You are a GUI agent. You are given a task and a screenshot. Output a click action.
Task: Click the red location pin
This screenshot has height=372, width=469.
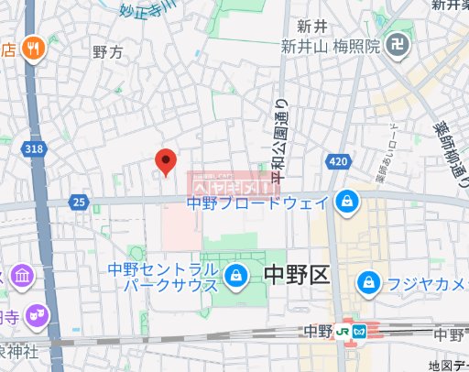(166, 162)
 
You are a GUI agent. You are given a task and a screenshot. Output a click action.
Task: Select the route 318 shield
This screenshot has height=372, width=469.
(34, 148)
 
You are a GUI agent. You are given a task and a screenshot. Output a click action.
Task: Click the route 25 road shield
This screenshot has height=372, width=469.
(81, 201)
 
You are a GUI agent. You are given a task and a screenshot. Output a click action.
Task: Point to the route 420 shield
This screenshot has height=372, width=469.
(336, 162)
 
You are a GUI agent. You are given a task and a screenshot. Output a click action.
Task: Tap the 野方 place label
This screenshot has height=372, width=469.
(107, 54)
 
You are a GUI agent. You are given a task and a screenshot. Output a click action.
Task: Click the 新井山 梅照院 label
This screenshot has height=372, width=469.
(330, 47)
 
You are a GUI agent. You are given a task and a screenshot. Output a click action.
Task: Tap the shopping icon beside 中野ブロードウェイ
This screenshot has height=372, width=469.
(346, 200)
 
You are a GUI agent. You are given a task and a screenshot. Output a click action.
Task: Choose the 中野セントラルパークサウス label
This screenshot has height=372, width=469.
(162, 277)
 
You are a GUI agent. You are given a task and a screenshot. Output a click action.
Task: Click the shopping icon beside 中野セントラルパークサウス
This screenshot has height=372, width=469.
(235, 275)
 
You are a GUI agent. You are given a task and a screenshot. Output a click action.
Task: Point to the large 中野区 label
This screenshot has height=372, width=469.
(295, 274)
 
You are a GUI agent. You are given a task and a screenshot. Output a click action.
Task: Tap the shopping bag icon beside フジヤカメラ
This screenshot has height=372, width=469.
(368, 279)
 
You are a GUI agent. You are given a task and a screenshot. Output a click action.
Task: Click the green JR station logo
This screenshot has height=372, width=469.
(342, 331)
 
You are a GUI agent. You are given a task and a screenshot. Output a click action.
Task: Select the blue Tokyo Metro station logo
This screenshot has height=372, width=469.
(360, 331)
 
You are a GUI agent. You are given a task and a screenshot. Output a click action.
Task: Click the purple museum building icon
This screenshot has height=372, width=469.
(20, 274)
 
